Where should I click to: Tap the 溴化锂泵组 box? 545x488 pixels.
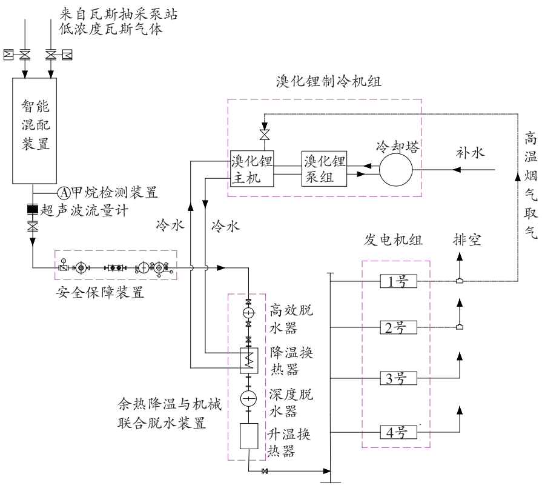coord(324,170)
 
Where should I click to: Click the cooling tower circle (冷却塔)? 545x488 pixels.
coord(396,165)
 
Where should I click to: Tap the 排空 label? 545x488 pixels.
coord(466,241)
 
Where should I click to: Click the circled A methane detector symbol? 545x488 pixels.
coord(65,193)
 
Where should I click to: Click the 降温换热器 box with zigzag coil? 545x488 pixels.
coord(249,360)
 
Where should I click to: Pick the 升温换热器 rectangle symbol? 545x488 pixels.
coord(249,436)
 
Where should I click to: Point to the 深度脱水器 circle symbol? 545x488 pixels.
coord(249,398)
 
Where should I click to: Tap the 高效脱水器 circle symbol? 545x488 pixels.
coord(249,313)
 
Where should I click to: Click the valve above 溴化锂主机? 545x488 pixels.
coord(264,133)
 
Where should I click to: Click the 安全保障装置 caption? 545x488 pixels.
coord(100,293)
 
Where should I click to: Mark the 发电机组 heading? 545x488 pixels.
coord(394,241)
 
